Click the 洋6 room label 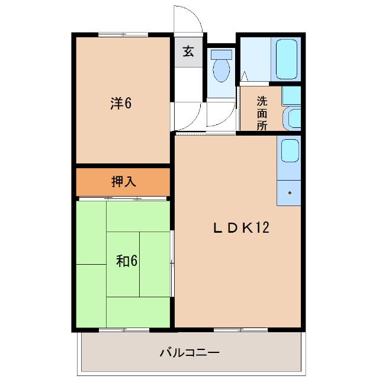[120, 102]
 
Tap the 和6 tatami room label [127, 261]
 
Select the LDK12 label [241, 227]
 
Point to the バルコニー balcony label [189, 353]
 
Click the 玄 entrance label [188, 52]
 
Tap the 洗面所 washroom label [262, 113]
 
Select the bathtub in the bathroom [286, 59]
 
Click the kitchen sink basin [289, 150]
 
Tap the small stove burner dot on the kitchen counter [290, 192]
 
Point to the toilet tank [221, 54]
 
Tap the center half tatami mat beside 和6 [155, 263]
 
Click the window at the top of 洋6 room [123, 34]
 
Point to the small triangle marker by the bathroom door [243, 76]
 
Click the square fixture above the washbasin [290, 95]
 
